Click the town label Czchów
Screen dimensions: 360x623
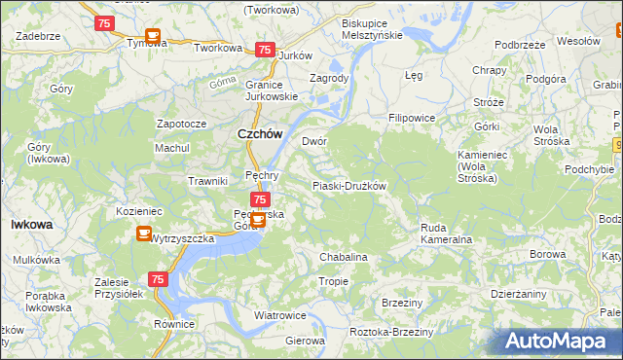tap(261, 135)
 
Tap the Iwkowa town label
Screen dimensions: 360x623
tap(31, 224)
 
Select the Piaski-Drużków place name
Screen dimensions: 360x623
tap(349, 186)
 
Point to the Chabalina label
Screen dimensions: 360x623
tap(344, 257)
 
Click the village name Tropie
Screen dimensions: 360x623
tap(333, 281)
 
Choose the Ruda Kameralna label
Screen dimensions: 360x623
tap(446, 233)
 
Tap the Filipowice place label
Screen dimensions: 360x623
tap(411, 118)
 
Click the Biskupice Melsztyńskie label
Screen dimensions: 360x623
tap(371, 28)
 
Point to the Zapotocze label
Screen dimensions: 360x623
tap(182, 125)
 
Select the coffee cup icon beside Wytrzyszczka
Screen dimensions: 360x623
tap(143, 234)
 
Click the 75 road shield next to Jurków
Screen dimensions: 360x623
tap(264, 50)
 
